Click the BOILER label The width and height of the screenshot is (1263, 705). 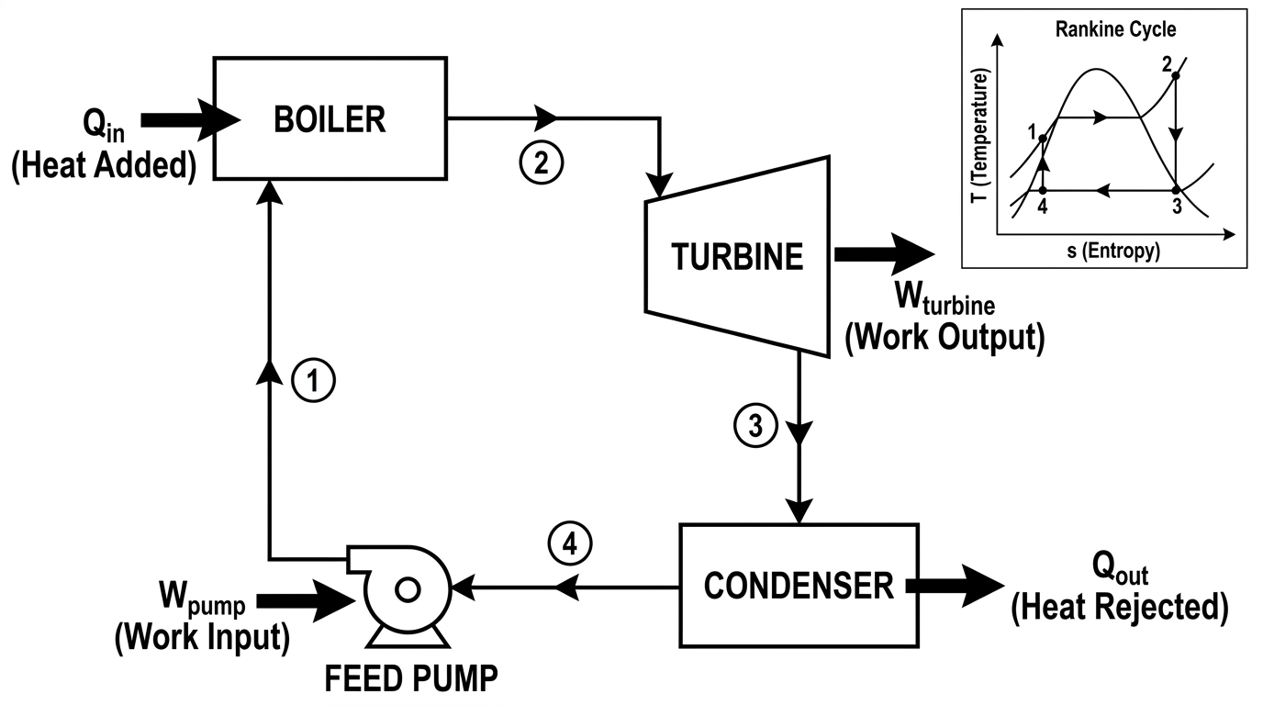[x=330, y=119]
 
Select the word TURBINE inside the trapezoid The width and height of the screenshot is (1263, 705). [x=737, y=257]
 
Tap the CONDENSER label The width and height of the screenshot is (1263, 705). [x=799, y=586]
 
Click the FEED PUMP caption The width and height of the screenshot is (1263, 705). [x=411, y=678]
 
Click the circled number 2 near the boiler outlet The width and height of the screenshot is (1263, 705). [x=542, y=162]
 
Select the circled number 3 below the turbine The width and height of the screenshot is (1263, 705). [x=755, y=425]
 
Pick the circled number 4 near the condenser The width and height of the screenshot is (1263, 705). [x=570, y=545]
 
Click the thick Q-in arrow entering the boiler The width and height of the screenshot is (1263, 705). [x=191, y=119]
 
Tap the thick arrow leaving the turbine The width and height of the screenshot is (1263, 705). [x=885, y=254]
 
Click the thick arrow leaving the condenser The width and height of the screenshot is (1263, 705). [x=956, y=586]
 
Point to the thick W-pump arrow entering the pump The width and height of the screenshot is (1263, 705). [x=307, y=601]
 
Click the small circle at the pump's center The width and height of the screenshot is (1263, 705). [x=408, y=590]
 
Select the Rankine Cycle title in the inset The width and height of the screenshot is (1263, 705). [x=1116, y=29]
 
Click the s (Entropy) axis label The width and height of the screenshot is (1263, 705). [x=1113, y=251]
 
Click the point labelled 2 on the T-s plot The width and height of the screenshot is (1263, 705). [x=1176, y=75]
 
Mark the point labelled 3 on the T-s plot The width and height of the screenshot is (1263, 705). [x=1176, y=191]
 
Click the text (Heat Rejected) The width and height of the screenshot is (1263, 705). [x=1120, y=608]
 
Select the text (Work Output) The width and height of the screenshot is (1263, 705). [x=945, y=337]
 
